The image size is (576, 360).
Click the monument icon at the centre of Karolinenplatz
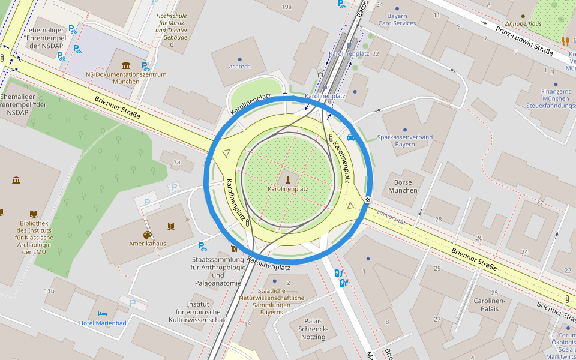(288, 178)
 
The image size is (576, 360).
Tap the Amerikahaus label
(147, 244)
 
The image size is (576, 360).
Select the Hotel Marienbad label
(103, 323)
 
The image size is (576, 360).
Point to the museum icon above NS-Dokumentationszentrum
(126, 65)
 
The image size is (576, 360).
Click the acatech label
(239, 67)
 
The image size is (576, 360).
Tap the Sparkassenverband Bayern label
(404, 140)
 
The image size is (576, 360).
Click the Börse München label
(403, 186)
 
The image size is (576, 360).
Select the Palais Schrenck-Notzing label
(313, 329)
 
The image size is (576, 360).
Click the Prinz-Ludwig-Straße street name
(524, 40)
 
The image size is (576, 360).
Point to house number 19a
(286, 7)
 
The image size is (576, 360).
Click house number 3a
(176, 162)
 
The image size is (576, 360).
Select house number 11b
(49, 291)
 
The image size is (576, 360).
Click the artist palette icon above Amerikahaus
(148, 235)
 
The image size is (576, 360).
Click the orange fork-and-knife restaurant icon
(565, 41)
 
